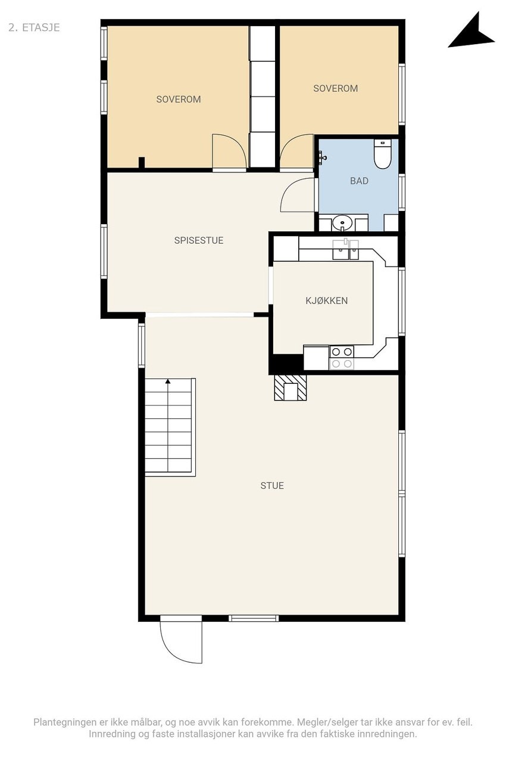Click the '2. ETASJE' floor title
(x=34, y=27)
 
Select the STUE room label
(x=272, y=486)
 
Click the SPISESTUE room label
(x=199, y=241)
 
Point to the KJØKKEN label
(x=327, y=301)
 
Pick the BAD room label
(x=359, y=181)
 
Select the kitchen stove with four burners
(x=342, y=357)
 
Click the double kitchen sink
(x=345, y=250)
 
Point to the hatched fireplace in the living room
(x=291, y=388)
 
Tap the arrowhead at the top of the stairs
(x=168, y=381)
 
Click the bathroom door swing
(x=298, y=194)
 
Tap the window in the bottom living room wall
(x=254, y=618)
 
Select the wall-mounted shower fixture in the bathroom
(x=321, y=157)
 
